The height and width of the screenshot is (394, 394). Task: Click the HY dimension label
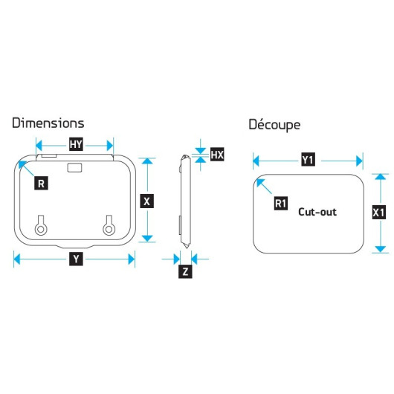76,144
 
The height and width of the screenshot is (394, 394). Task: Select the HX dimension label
217,155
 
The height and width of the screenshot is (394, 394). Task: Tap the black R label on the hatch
41,183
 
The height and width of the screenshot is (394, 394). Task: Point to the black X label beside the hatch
146,201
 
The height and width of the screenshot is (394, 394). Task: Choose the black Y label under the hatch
76,259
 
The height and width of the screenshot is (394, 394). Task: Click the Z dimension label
185,271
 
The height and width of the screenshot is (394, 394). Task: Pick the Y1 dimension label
308,160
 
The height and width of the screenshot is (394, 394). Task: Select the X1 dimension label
378,213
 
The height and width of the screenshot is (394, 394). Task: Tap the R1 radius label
281,203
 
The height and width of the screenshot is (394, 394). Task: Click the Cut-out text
317,212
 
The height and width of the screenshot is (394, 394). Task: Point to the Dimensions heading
48,123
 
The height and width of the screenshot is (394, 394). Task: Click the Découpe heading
274,125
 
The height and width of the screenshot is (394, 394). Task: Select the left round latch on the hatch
41,225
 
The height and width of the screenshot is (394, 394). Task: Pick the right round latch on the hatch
109,225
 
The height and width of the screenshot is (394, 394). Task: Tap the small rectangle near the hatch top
74,167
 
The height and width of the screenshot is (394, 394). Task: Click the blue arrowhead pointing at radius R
22,165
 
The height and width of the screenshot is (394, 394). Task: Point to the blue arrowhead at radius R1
260,183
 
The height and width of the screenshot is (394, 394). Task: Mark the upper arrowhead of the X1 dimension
380,177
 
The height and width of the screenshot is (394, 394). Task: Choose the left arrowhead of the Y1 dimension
256,161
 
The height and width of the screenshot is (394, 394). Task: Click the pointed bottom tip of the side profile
186,248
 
